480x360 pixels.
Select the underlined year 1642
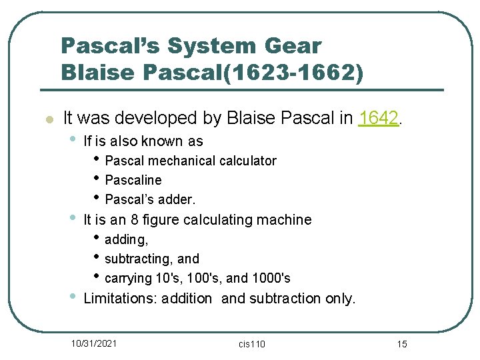click(x=379, y=119)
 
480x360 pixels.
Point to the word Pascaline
click(x=133, y=180)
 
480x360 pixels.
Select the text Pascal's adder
click(x=150, y=199)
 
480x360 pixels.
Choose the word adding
click(x=126, y=239)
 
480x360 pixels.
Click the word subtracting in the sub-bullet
click(x=140, y=259)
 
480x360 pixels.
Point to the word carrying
click(x=128, y=278)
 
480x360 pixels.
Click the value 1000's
click(x=269, y=278)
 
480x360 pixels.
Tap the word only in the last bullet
click(x=340, y=299)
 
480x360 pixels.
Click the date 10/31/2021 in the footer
click(x=94, y=343)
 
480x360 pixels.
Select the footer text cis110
click(x=252, y=344)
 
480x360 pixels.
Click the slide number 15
click(x=401, y=344)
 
